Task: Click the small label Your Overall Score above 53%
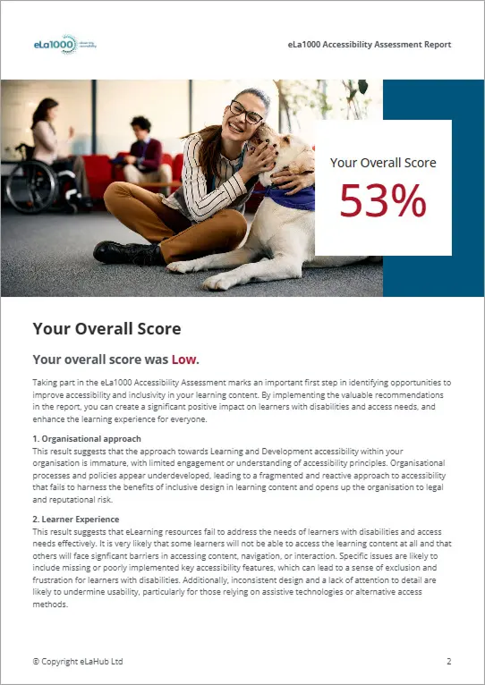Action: click(x=383, y=163)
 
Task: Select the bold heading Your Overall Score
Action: click(x=106, y=329)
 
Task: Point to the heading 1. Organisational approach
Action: click(x=87, y=439)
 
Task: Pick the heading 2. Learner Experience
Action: click(x=76, y=519)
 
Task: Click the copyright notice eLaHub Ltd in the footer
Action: click(x=78, y=661)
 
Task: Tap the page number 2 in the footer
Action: click(x=448, y=661)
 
